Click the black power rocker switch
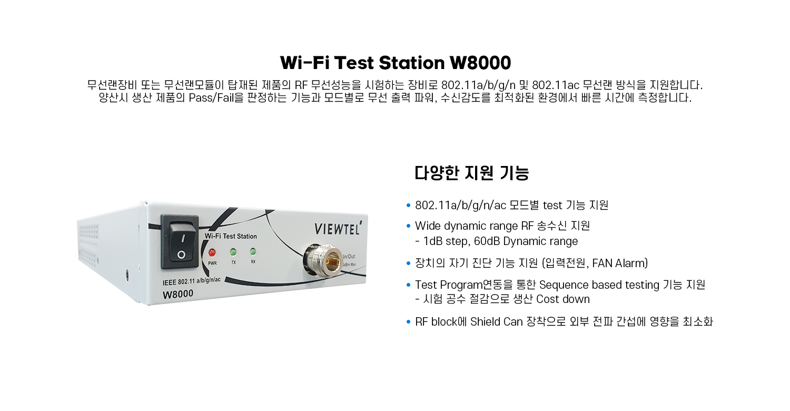click(x=180, y=242)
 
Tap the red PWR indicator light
click(x=212, y=252)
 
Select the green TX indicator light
click(x=233, y=252)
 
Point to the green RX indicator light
click(x=253, y=251)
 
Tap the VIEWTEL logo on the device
click(x=338, y=228)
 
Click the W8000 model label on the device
click(x=178, y=294)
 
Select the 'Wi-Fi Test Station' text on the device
click(x=231, y=236)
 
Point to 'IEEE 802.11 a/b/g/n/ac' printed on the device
click(x=192, y=281)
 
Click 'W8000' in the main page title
click(x=480, y=63)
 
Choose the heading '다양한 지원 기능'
click(x=471, y=173)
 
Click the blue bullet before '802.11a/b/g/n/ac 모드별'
click(x=408, y=205)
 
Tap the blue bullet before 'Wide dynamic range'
click(x=408, y=226)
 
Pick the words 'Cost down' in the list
click(x=563, y=299)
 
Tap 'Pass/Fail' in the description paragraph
click(x=211, y=97)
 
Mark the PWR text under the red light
click(x=212, y=263)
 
